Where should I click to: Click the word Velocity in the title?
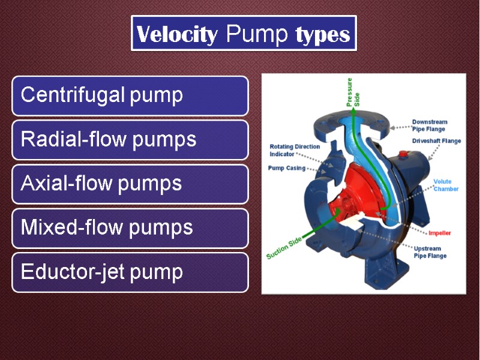click(x=177, y=35)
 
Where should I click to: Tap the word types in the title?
click(x=322, y=35)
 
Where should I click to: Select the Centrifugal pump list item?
click(x=130, y=95)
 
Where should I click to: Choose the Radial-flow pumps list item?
click(x=130, y=140)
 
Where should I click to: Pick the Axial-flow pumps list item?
click(x=130, y=184)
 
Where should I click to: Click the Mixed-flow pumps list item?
click(x=130, y=228)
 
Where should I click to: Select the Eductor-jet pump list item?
click(x=130, y=272)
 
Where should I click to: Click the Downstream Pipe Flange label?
click(x=430, y=125)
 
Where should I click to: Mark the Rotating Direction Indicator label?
click(x=295, y=150)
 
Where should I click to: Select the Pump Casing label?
click(x=286, y=169)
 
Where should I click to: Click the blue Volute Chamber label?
click(x=446, y=185)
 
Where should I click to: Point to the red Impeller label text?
click(x=440, y=233)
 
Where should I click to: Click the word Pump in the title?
click(x=257, y=35)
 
